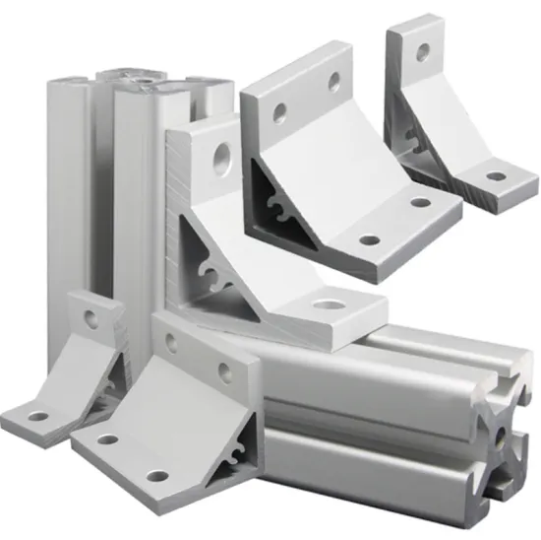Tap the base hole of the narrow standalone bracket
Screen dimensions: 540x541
[x=496, y=177]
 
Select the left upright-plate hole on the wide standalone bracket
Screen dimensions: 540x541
[x=280, y=115]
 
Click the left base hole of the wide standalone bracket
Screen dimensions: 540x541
[x=369, y=239]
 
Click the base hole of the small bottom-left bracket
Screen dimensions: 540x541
[x=37, y=417]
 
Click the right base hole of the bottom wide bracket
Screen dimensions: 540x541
[x=157, y=477]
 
